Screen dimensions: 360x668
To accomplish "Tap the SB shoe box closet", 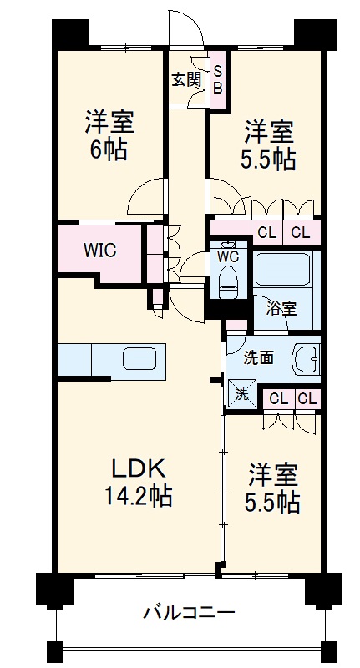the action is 218,79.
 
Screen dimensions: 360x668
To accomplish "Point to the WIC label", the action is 99,250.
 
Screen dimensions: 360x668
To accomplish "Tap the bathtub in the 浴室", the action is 283,269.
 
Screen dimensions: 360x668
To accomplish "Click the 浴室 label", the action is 281,309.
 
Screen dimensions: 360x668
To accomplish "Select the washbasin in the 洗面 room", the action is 306,357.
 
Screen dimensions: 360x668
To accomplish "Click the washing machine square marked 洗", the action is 242,392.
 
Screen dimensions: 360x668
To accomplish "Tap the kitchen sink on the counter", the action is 139,359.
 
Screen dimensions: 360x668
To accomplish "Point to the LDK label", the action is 139,468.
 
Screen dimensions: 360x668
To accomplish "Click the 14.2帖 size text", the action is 138,495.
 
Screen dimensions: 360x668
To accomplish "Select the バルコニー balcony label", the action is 188,613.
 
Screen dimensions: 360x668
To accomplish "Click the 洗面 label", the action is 258,358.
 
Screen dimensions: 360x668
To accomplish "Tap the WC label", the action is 228,256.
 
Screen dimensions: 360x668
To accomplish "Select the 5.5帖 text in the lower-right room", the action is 272,504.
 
